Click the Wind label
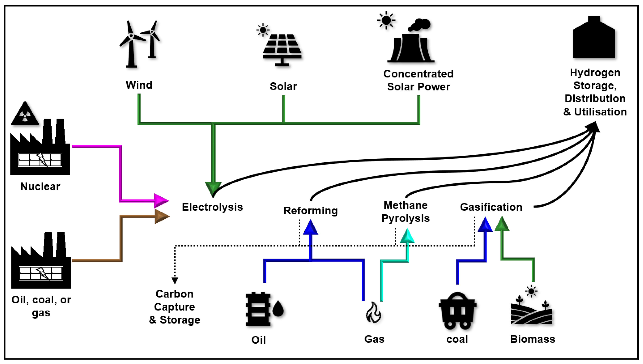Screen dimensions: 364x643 [x=139, y=85]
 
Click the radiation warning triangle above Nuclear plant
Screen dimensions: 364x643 [x=25, y=114]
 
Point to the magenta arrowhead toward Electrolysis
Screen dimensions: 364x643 [x=161, y=200]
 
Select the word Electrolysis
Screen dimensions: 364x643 [x=212, y=207]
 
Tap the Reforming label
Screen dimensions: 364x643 [x=310, y=211]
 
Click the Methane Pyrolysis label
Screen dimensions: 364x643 [x=405, y=212]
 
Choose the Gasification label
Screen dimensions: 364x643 [x=491, y=207]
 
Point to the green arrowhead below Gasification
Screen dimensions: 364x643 [x=502, y=224]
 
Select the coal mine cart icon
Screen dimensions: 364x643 [x=457, y=311]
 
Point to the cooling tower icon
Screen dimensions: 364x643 [x=411, y=46]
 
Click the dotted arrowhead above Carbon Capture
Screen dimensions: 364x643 [x=175, y=280]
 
